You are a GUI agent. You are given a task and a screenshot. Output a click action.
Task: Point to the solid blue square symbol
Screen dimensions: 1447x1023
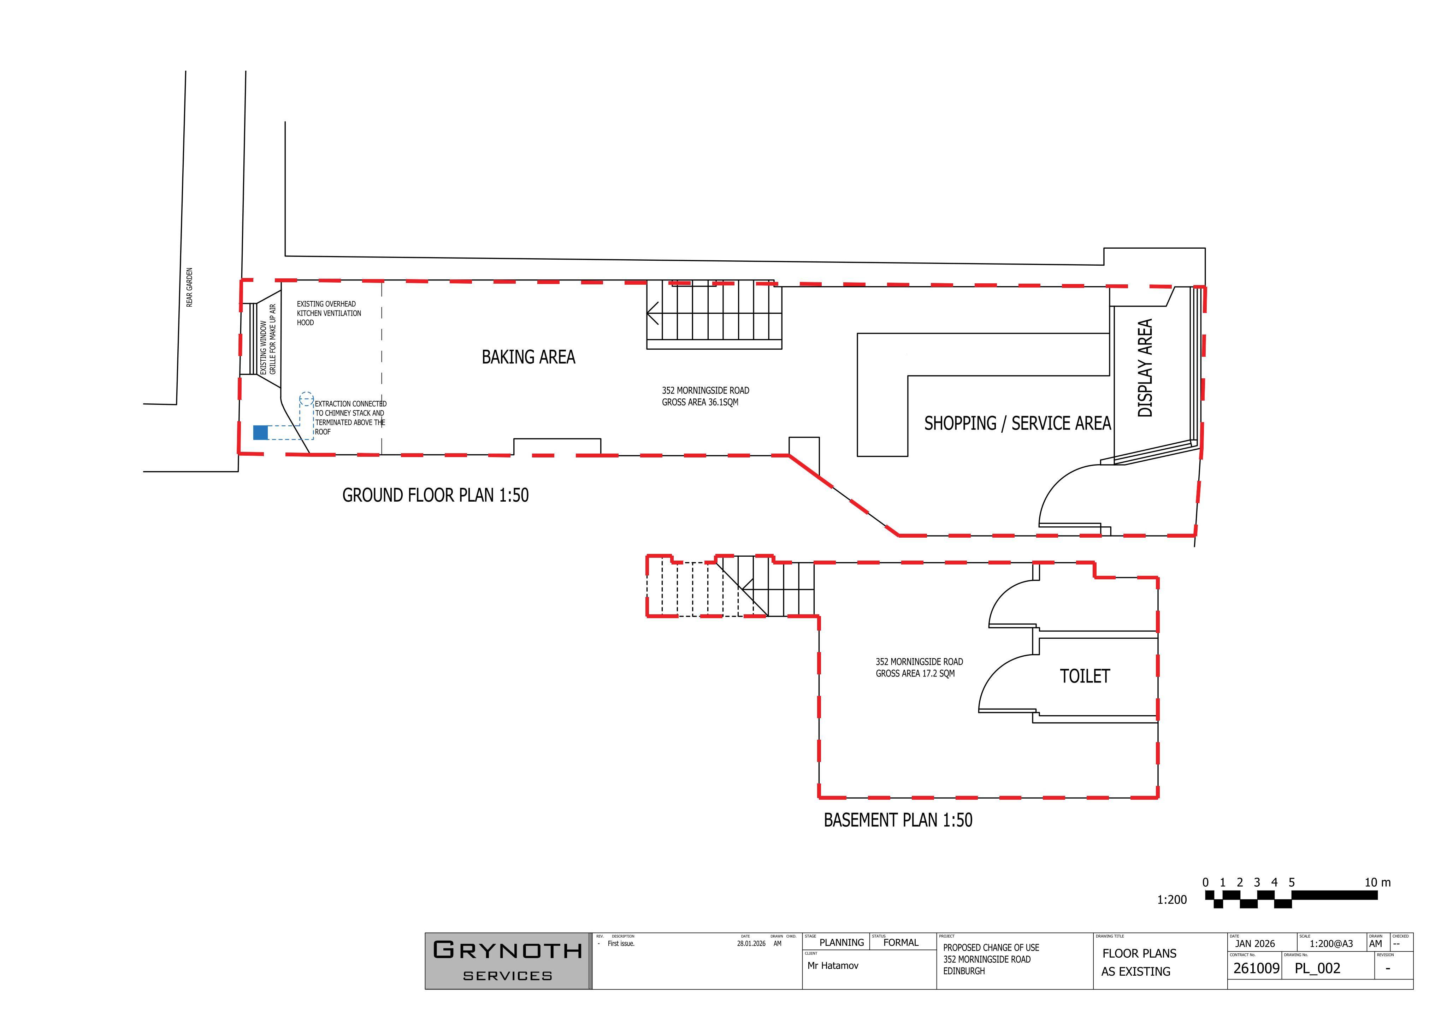260,432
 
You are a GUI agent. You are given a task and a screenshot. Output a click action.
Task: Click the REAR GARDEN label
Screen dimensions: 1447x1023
190,288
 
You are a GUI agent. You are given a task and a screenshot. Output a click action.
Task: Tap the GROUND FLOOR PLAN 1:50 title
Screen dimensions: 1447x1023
436,495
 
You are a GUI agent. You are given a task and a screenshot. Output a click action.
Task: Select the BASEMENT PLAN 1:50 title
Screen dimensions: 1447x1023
898,820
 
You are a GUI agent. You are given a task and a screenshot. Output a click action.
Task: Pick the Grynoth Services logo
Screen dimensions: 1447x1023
507,960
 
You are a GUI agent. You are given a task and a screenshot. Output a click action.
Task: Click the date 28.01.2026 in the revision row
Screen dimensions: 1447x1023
751,944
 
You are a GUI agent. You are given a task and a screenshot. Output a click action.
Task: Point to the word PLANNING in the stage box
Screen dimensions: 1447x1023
841,943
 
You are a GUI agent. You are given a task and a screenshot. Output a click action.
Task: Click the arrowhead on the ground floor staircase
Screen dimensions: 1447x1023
652,313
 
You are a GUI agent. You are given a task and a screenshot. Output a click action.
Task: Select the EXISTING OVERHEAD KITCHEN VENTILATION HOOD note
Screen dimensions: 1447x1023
329,313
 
